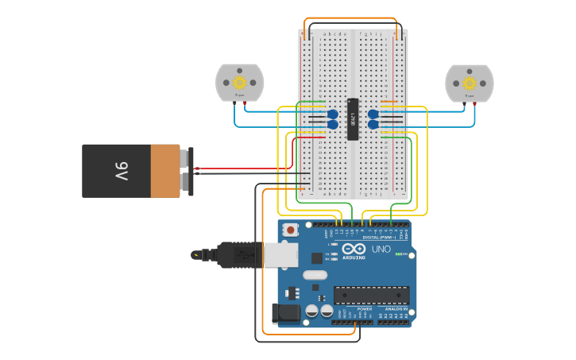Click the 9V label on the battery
point(121,171)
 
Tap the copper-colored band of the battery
point(165,171)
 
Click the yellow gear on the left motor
point(239,82)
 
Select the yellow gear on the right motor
point(469,83)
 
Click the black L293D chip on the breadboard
point(353,119)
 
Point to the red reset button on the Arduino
point(291,230)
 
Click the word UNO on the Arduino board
point(381,250)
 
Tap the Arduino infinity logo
point(354,250)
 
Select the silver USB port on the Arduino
point(281,254)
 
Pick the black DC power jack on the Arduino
point(286,314)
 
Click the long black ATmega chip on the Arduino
point(371,296)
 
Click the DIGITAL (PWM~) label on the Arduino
point(379,237)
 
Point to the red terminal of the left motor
point(245,103)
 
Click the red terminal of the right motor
point(474,103)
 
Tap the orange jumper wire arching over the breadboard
point(350,18)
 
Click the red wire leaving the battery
point(238,168)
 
